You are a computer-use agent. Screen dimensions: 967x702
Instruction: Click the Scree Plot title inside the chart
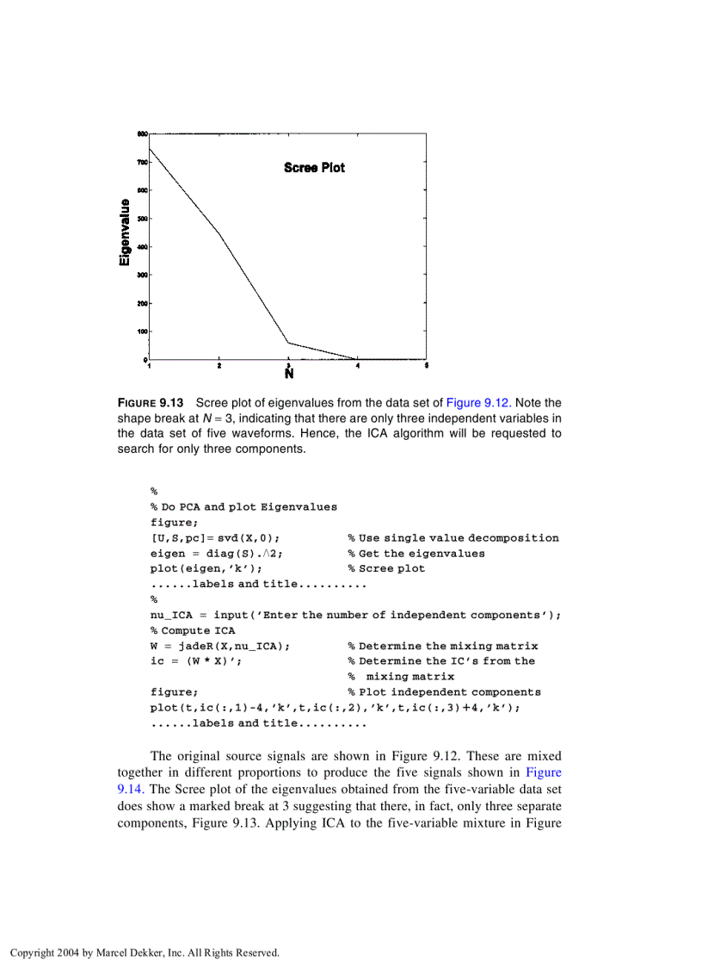click(314, 168)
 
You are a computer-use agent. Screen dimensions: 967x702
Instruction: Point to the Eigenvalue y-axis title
click(126, 232)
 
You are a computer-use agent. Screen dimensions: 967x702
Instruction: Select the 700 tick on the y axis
click(142, 162)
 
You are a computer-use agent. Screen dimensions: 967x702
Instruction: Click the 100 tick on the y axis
click(142, 332)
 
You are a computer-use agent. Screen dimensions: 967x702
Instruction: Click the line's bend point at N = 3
click(289, 343)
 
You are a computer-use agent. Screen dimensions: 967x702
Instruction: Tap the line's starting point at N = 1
click(151, 149)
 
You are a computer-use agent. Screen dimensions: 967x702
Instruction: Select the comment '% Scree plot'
click(386, 568)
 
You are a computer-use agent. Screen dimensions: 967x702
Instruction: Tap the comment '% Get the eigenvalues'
click(416, 554)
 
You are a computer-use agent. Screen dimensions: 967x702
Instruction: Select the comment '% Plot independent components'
click(444, 692)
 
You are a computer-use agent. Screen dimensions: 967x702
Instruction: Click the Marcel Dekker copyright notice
click(145, 952)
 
